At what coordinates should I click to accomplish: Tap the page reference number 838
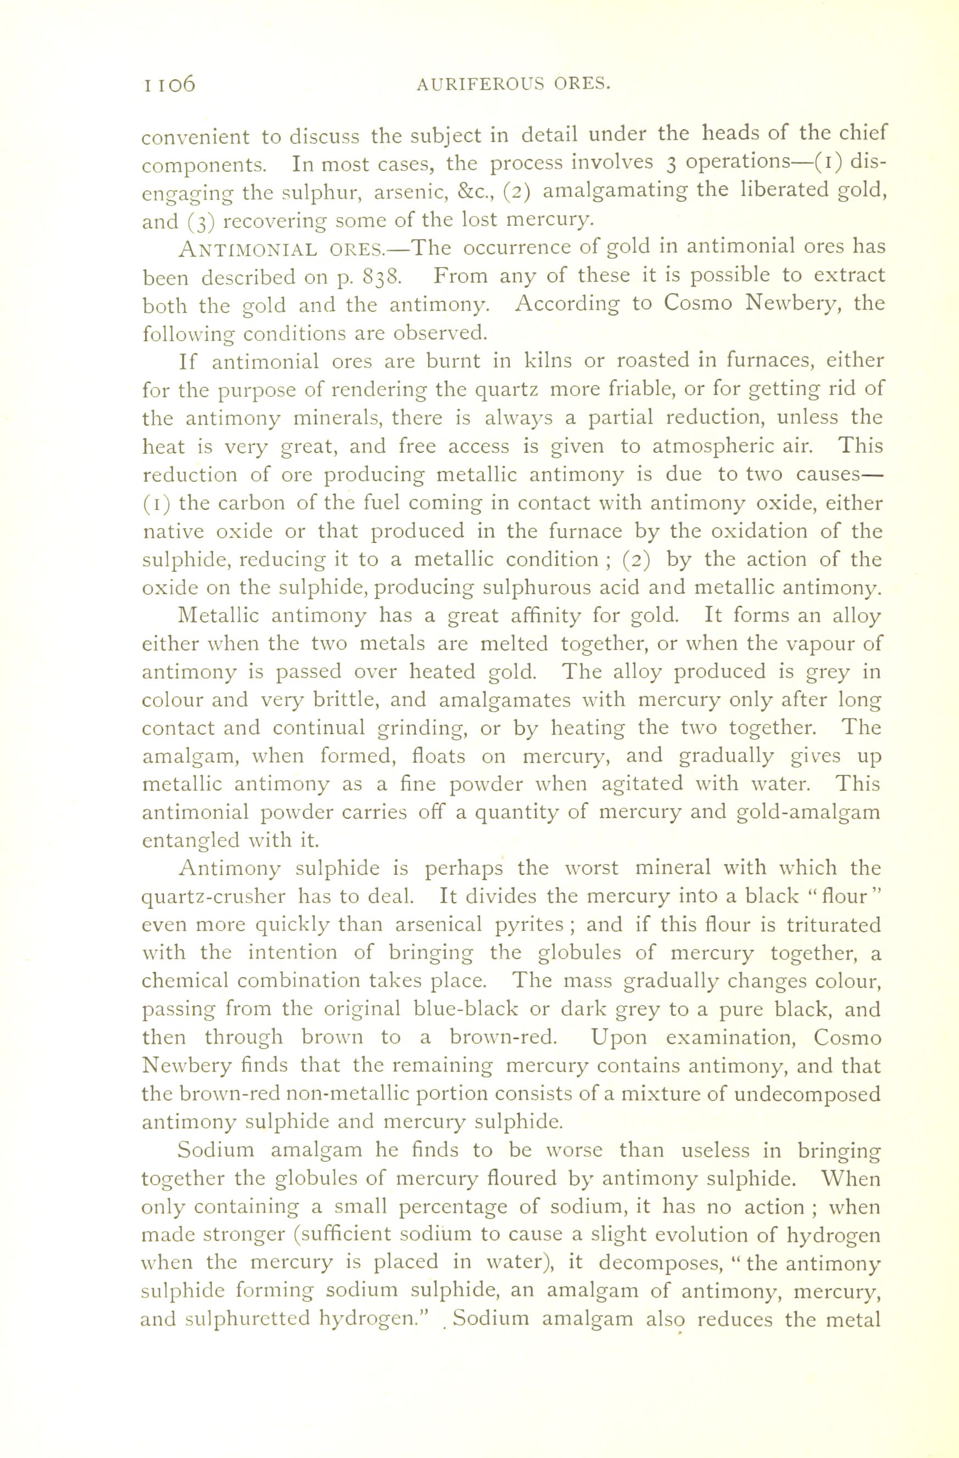pos(382,277)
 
